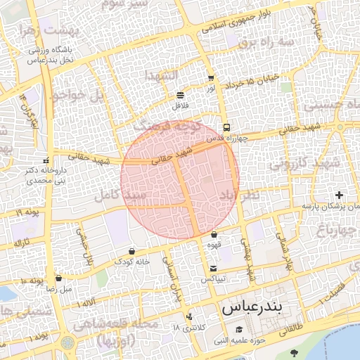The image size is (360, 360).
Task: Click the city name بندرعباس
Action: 251,309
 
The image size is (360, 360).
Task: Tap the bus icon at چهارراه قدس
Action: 226,128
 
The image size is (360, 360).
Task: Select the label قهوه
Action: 214,245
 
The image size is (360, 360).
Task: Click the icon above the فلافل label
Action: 181,94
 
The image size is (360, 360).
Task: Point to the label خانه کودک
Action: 132,262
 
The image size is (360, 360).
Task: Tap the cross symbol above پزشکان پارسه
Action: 340,194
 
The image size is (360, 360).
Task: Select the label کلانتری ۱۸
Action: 186,328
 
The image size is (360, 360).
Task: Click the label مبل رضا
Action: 59,288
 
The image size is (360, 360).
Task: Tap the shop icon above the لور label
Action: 210,78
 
